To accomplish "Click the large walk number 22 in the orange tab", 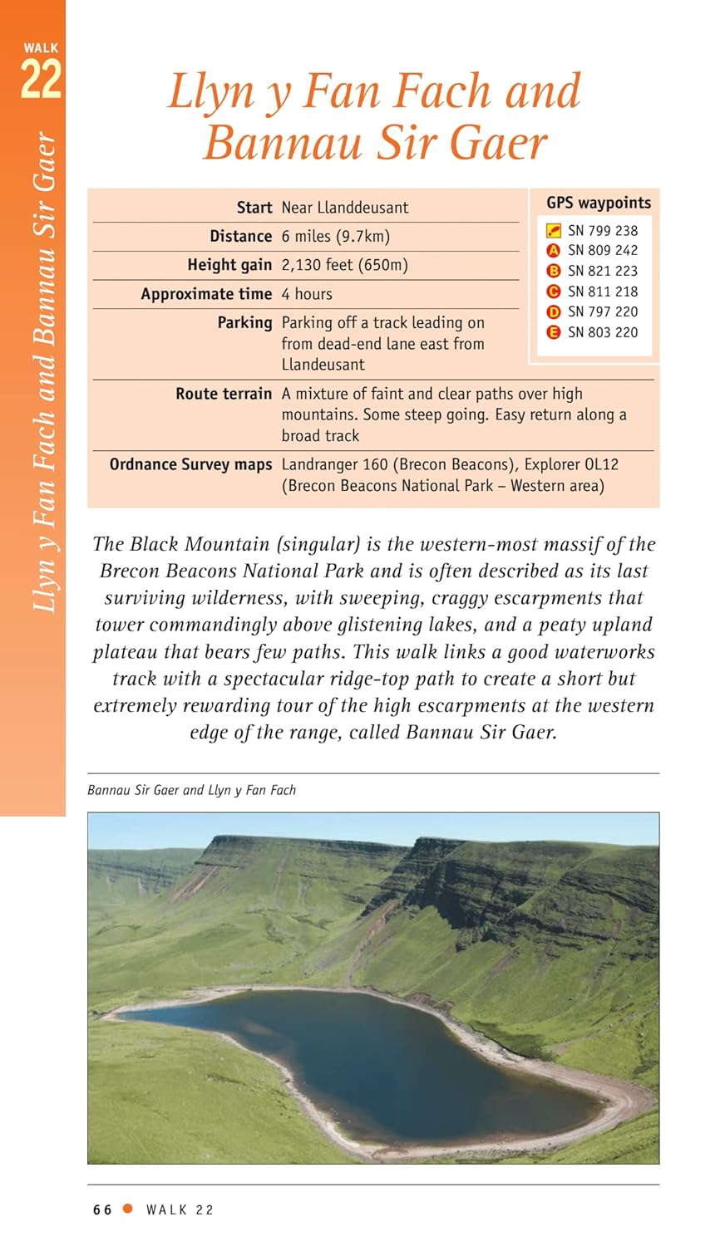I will click(x=41, y=81).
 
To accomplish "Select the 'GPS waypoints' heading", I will click(x=599, y=203).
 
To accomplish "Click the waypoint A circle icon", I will click(x=553, y=250).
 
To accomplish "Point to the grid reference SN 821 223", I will click(x=603, y=271).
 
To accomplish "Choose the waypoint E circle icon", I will click(x=553, y=332).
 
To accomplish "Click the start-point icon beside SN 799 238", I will click(x=553, y=230).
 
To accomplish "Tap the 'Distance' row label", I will click(x=240, y=237).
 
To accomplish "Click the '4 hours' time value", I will click(x=307, y=294).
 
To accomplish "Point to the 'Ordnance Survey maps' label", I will click(x=190, y=464).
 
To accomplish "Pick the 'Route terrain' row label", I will click(x=224, y=394).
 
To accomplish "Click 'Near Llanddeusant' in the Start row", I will click(x=344, y=208).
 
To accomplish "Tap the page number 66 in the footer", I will click(x=102, y=1210).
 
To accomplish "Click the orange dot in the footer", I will click(x=128, y=1209).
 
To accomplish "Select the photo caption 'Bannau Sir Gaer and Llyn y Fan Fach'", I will click(x=191, y=790).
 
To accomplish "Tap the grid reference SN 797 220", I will click(x=603, y=311).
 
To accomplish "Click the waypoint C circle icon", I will click(x=553, y=292).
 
